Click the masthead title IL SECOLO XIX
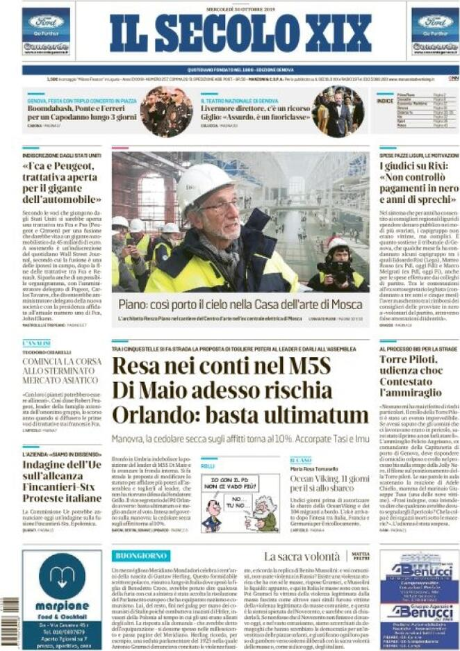coord(240,33)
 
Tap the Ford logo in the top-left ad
coord(46,21)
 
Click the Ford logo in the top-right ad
coord(435,21)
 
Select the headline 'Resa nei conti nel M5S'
coord(222,365)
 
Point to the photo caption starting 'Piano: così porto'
coord(239,304)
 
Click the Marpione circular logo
coord(62,575)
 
